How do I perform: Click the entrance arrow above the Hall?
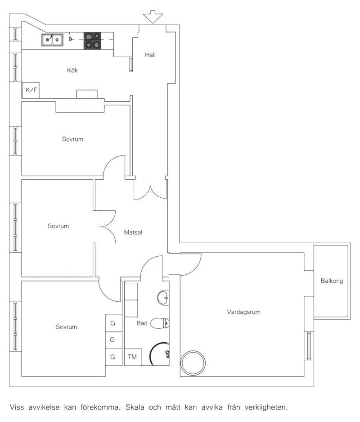153,17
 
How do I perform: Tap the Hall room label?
150,55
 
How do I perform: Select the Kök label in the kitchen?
72,70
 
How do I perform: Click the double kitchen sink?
53,40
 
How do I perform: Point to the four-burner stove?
93,41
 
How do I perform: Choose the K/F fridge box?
31,90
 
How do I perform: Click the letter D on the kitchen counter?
70,39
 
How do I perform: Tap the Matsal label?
133,232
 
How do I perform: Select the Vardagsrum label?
243,312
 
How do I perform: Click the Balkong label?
332,281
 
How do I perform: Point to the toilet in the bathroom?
160,323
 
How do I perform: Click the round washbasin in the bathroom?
163,298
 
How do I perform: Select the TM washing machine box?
133,357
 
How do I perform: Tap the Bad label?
142,323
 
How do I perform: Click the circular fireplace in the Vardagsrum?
193,363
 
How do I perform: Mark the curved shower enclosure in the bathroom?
151,353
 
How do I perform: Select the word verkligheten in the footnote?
266,408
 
